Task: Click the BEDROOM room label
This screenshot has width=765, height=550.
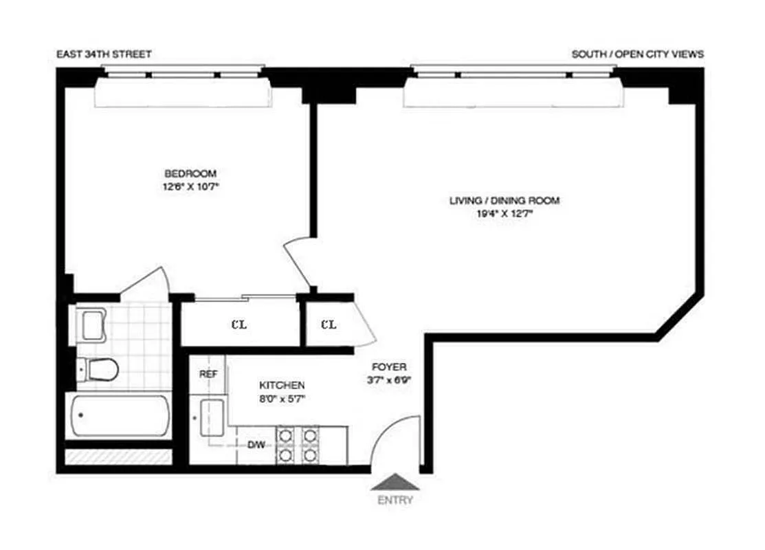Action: tap(190, 173)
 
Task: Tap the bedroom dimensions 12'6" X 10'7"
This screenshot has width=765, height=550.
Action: tap(190, 186)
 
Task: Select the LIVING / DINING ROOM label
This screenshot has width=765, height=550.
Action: tap(505, 201)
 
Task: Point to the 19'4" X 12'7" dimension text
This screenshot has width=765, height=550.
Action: tap(505, 213)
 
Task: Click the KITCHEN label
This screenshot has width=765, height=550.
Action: tap(282, 386)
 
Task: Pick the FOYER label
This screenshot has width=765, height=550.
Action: tap(389, 367)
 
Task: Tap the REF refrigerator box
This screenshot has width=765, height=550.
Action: tap(208, 375)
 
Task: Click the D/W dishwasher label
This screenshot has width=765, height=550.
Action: tap(256, 445)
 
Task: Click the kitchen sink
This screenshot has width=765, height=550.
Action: tap(211, 417)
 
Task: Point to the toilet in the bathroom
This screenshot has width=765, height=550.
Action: tap(99, 369)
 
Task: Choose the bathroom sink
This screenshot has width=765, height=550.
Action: tap(92, 324)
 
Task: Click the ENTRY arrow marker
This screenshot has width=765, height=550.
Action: tap(395, 482)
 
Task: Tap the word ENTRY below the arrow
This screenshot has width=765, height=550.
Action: tap(395, 500)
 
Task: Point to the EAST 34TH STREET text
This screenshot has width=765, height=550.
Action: tap(105, 54)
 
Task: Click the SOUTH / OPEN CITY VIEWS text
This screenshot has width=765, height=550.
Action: tap(637, 54)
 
